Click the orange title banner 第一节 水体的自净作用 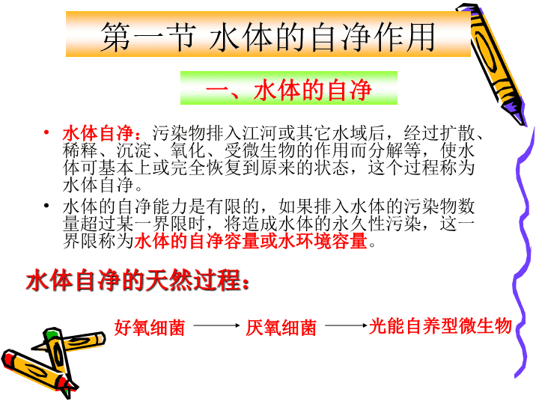[268, 34]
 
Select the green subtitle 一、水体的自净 [289, 88]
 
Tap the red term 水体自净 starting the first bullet [98, 133]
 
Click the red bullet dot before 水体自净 [46, 133]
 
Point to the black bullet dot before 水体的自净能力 [46, 206]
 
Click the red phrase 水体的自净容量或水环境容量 [251, 241]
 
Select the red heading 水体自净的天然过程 [138, 281]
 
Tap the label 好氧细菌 [150, 328]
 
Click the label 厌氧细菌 [281, 328]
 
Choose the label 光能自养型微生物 [440, 326]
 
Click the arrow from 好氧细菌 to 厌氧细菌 [216, 325]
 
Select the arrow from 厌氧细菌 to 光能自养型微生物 [346, 325]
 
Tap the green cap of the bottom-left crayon [52, 334]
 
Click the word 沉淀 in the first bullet [134, 151]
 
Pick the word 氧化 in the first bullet [188, 151]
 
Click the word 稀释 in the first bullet [80, 151]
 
